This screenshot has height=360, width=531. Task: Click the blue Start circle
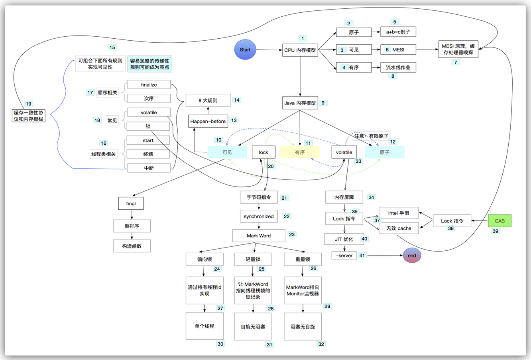[245, 49]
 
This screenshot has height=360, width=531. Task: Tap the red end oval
[412, 255]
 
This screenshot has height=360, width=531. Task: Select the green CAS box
[500, 220]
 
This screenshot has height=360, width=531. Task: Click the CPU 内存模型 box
[300, 50]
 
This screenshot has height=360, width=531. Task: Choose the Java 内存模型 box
[300, 103]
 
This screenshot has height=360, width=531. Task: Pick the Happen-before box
[208, 121]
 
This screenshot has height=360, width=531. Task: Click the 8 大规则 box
[208, 100]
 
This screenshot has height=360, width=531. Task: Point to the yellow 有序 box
[300, 152]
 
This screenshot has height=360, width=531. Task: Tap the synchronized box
[259, 216]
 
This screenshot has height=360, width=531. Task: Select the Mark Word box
[259, 236]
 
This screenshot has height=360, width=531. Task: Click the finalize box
[149, 85]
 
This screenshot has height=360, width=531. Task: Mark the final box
[131, 203]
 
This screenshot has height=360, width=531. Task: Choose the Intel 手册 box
[399, 213]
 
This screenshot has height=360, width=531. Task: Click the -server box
[344, 256]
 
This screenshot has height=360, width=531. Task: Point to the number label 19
[29, 104]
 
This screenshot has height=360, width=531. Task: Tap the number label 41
[362, 256]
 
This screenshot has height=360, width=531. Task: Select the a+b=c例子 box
[398, 32]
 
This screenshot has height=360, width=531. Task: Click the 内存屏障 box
[344, 197]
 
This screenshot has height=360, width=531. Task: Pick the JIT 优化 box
[344, 239]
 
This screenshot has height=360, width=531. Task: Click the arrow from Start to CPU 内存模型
[269, 50]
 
